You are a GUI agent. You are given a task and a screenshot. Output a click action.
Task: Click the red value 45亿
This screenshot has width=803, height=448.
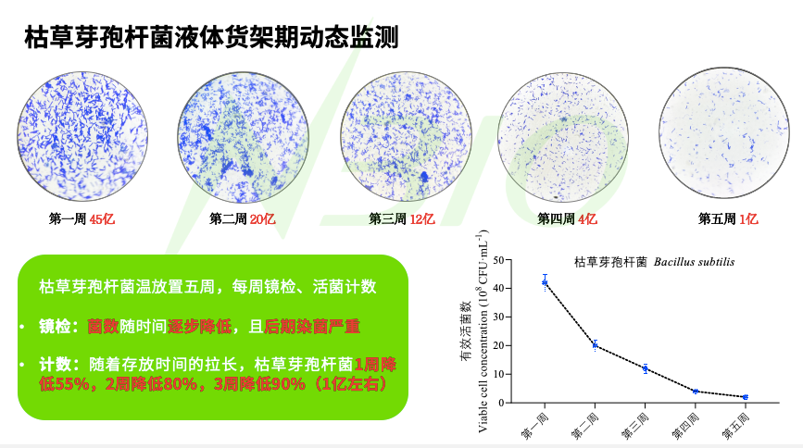[102, 219]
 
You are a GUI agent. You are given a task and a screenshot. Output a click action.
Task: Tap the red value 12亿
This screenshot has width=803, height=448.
[422, 219]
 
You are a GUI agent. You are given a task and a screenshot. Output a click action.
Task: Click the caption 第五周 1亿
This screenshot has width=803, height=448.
[728, 219]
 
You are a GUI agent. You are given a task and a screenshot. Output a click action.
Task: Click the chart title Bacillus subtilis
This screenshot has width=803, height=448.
[694, 262]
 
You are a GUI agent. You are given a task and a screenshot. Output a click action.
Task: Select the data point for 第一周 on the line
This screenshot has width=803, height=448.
[546, 282]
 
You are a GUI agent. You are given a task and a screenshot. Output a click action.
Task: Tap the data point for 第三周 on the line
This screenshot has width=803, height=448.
[645, 368]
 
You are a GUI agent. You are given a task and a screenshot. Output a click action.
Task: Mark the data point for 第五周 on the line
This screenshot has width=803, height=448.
[745, 397]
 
